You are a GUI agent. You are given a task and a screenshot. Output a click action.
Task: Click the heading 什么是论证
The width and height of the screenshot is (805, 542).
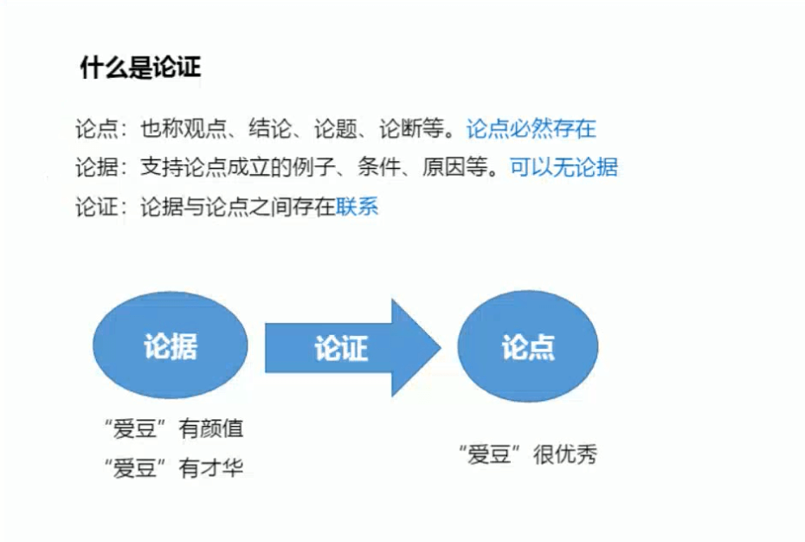point(141,68)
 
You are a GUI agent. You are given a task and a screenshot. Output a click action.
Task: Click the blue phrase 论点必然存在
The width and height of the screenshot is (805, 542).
point(531,130)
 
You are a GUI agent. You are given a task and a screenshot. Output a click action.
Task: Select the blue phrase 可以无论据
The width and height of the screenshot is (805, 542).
point(563,168)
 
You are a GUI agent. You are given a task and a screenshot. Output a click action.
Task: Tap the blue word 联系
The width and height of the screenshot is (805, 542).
point(357,208)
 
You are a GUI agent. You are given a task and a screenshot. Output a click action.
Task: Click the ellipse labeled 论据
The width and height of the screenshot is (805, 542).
point(171,347)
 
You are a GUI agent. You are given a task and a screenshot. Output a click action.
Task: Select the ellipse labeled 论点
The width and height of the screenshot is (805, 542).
point(528,347)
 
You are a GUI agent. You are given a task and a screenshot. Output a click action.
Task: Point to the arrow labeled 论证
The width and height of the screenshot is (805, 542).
point(346,348)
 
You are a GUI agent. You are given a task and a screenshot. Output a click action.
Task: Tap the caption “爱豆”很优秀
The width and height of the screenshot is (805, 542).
point(527,455)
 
